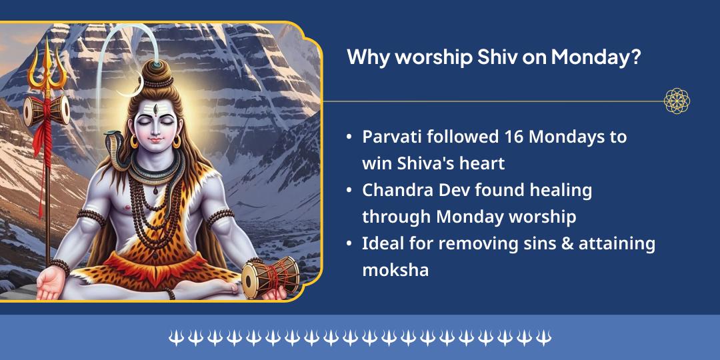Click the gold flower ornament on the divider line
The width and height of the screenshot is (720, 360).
(x=677, y=101)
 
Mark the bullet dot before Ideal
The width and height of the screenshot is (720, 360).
(x=349, y=244)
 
